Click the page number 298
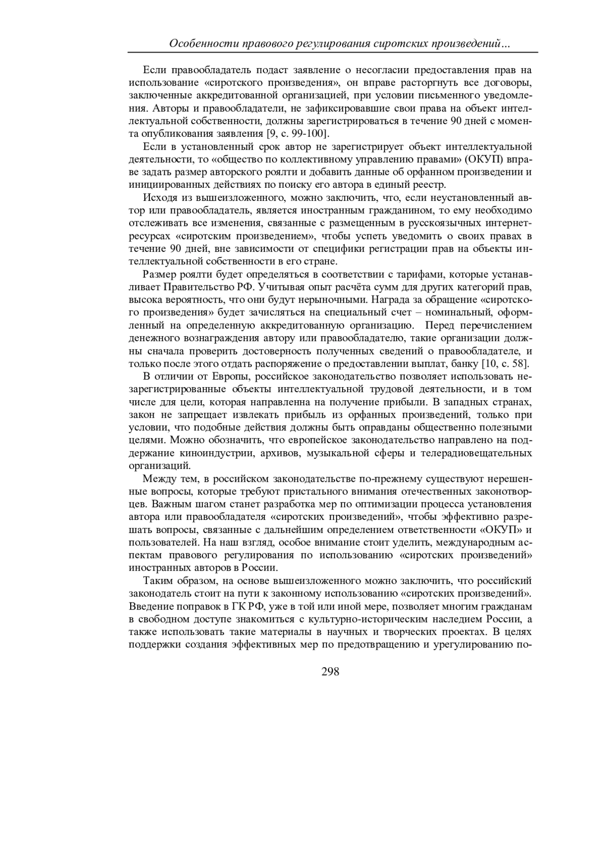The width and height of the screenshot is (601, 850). click(x=330, y=672)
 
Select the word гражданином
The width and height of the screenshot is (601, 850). click(x=407, y=210)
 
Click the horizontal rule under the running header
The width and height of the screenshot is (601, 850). click(x=333, y=52)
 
